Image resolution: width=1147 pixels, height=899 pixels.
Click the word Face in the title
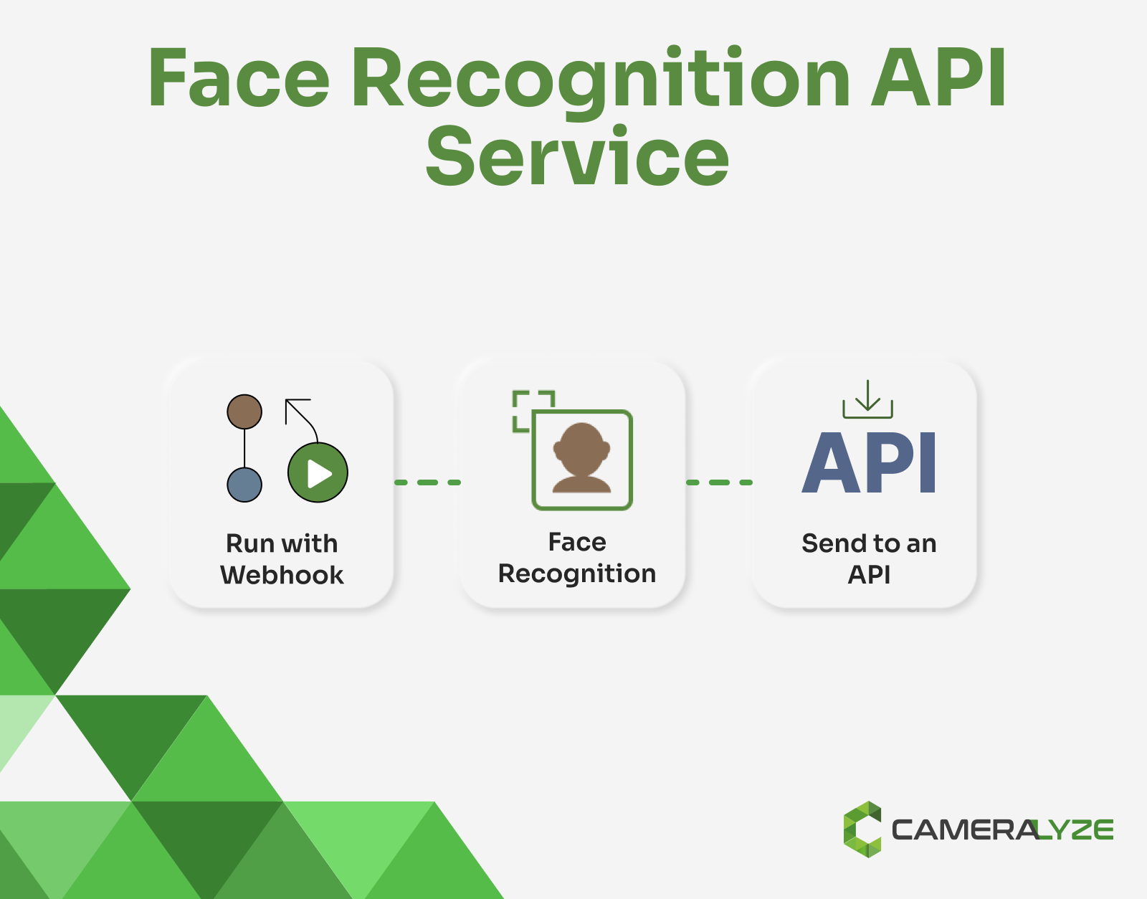click(x=238, y=79)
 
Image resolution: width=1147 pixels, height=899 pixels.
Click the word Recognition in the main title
click(x=601, y=80)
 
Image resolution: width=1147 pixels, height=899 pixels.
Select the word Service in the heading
click(x=577, y=156)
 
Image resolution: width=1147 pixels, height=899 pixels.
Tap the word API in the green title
click(x=939, y=79)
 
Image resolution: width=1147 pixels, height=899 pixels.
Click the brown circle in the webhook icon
click(x=244, y=412)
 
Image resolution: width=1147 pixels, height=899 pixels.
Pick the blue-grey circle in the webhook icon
click(x=244, y=485)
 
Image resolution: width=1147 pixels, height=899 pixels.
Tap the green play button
click(x=318, y=472)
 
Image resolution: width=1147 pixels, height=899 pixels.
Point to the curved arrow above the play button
click(x=301, y=416)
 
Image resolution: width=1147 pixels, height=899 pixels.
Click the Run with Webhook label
click(x=282, y=559)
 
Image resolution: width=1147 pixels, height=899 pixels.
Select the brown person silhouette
click(x=581, y=459)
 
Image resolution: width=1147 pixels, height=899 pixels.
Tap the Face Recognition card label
click(x=577, y=558)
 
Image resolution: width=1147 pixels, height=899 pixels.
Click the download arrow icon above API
click(x=867, y=399)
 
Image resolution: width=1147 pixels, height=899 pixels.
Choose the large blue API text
click(x=869, y=463)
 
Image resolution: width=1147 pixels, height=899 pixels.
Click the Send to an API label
click(x=869, y=559)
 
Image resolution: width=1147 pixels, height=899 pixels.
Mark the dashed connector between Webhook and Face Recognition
click(x=428, y=482)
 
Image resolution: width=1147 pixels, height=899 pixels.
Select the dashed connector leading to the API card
click(x=719, y=482)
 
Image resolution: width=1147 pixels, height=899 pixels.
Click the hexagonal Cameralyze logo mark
click(x=862, y=829)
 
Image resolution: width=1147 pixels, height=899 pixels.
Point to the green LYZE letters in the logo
click(x=1076, y=830)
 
